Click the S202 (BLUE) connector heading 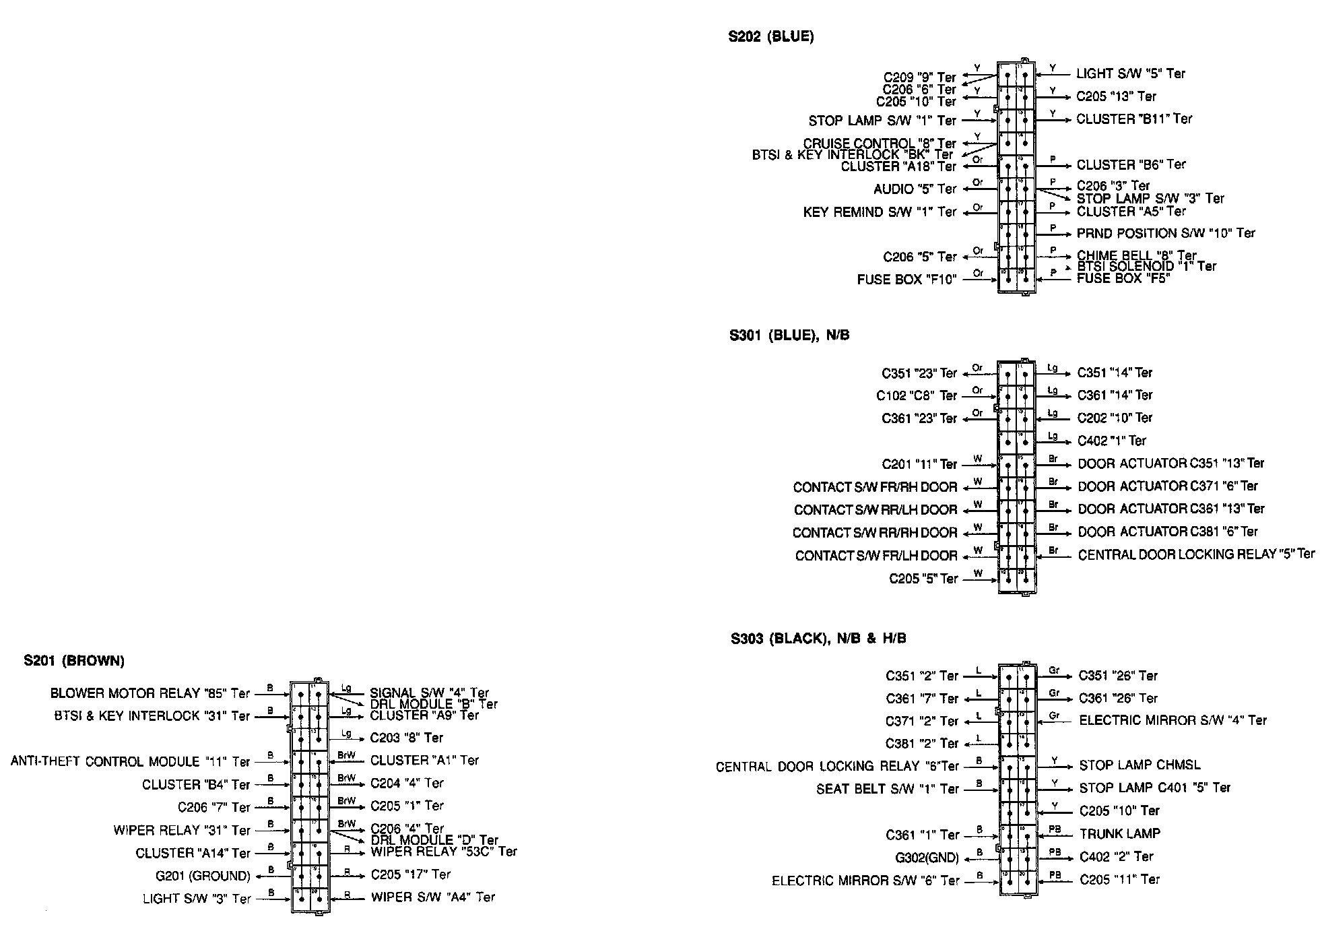pyautogui.click(x=770, y=37)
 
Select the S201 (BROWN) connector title pyautogui.click(x=74, y=661)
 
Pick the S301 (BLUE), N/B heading pyautogui.click(x=789, y=335)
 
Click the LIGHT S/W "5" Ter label pyautogui.click(x=1130, y=73)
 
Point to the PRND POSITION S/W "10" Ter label pyautogui.click(x=1165, y=233)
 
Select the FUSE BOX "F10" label pyautogui.click(x=906, y=280)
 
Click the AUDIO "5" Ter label pyautogui.click(x=915, y=189)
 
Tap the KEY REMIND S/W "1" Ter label pyautogui.click(x=879, y=212)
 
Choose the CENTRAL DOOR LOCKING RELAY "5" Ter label pyautogui.click(x=1195, y=554)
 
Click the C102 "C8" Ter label pyautogui.click(x=916, y=395)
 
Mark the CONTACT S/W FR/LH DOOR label pyautogui.click(x=876, y=556)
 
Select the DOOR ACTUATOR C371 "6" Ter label pyautogui.click(x=1167, y=486)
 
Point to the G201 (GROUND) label pyautogui.click(x=202, y=876)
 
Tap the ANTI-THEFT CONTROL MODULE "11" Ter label pyautogui.click(x=130, y=761)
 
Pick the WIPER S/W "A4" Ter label pyautogui.click(x=432, y=897)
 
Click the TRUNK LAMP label pyautogui.click(x=1119, y=833)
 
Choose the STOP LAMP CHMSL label pyautogui.click(x=1139, y=765)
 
